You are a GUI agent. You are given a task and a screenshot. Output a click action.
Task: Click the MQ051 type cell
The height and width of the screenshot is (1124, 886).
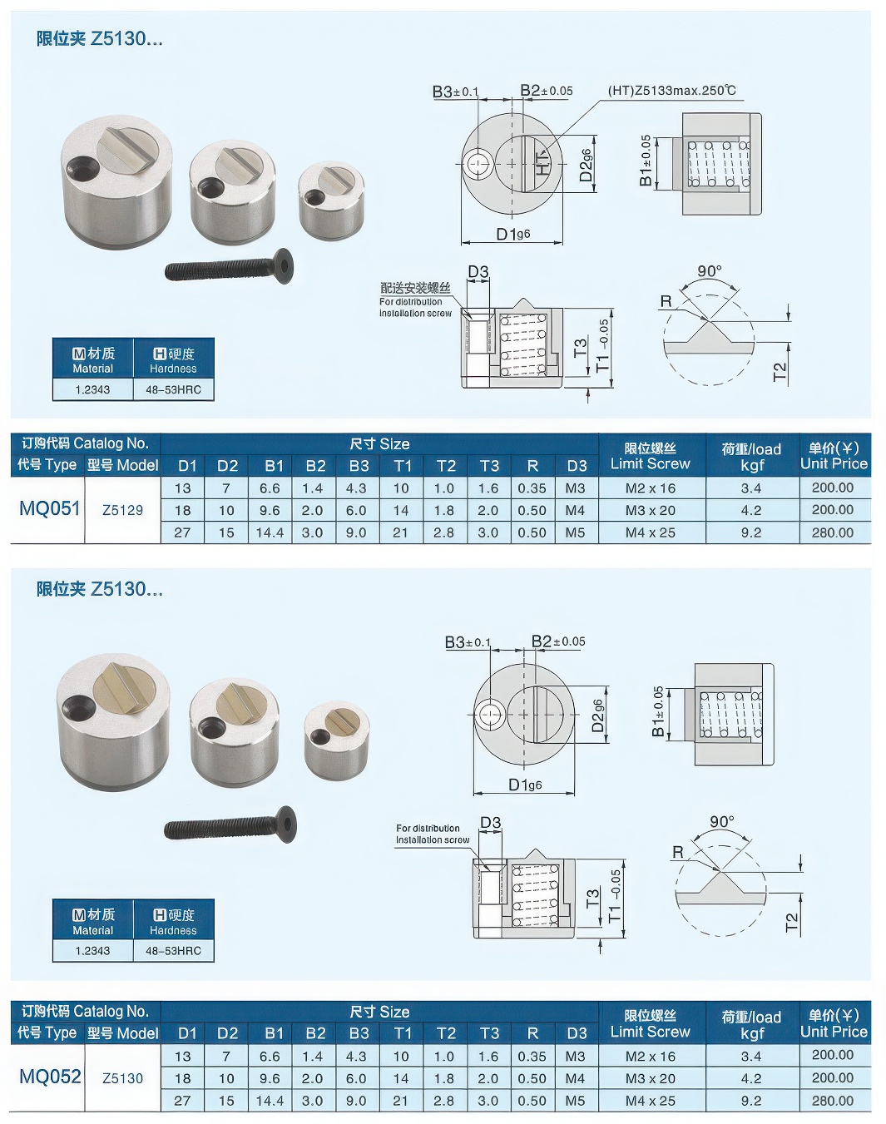pyautogui.click(x=49, y=509)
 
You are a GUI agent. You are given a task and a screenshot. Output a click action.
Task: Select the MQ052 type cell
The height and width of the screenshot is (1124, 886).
pyautogui.click(x=50, y=1077)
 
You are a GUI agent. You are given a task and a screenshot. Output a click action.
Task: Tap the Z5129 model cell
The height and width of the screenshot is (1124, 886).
pyautogui.click(x=122, y=510)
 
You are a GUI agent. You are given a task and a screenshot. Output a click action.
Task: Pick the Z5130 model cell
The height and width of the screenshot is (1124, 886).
pyautogui.click(x=122, y=1078)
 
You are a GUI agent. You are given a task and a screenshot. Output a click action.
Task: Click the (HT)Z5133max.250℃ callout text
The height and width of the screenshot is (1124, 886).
pyautogui.click(x=671, y=91)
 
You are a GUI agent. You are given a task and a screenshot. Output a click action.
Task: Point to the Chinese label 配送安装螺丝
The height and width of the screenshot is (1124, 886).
pyautogui.click(x=415, y=288)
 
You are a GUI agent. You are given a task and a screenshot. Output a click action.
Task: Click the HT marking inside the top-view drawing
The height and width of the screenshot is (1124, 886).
pyautogui.click(x=542, y=161)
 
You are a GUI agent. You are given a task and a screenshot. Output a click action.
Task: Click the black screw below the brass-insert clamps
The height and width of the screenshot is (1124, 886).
pyautogui.click(x=230, y=826)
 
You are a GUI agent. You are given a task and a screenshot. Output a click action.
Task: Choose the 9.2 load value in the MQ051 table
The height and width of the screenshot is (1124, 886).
pyautogui.click(x=750, y=532)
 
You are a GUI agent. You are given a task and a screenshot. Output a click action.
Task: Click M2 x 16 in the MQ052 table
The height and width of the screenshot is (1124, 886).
pyautogui.click(x=650, y=1056)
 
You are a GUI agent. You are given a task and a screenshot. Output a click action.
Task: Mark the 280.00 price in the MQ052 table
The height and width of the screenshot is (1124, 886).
pyautogui.click(x=832, y=1100)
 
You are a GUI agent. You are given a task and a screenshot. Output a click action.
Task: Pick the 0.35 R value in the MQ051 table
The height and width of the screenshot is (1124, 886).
pyautogui.click(x=532, y=488)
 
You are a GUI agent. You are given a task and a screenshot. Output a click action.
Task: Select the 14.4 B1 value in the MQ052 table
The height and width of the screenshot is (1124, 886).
pyautogui.click(x=270, y=1101)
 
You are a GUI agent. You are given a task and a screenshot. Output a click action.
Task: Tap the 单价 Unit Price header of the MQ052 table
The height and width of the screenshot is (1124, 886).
pyautogui.click(x=833, y=1023)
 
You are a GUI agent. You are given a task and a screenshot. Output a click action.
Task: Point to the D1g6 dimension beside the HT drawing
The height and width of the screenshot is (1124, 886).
pyautogui.click(x=512, y=235)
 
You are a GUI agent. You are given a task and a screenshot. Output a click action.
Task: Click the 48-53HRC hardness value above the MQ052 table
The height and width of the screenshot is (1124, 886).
pyautogui.click(x=173, y=950)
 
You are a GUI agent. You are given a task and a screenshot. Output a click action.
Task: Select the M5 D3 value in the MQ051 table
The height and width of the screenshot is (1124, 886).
pyautogui.click(x=575, y=532)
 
